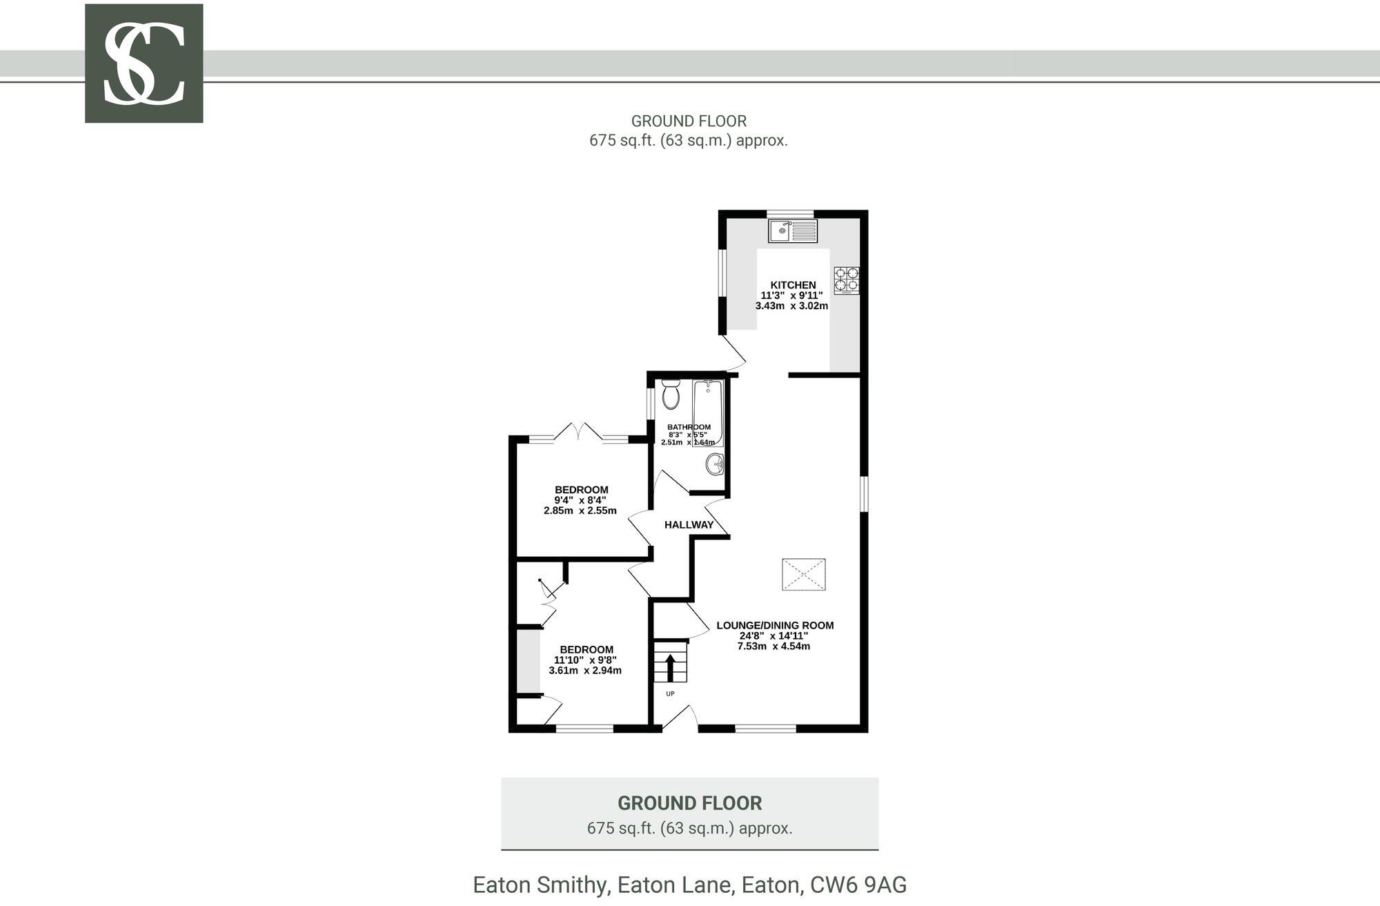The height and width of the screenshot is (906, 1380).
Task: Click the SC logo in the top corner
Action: tap(144, 63)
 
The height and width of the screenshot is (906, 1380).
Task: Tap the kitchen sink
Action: tap(792, 230)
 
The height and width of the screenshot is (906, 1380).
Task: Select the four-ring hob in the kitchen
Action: tap(847, 279)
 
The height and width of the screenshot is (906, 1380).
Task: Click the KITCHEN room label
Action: tap(793, 285)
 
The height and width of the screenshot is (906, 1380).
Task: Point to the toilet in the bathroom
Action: tap(671, 394)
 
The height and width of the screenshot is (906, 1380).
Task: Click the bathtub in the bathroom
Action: tap(709, 412)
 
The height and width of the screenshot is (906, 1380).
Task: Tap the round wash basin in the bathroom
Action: tap(715, 464)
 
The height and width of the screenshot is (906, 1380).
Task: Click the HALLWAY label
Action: tap(689, 525)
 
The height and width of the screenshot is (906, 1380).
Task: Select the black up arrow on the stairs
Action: tap(670, 667)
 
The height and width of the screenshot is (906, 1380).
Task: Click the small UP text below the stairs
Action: tap(670, 693)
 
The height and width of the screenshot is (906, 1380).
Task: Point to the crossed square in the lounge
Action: tap(803, 574)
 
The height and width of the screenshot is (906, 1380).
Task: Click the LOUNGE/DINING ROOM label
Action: tap(775, 626)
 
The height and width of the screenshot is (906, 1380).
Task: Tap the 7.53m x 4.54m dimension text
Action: tap(773, 647)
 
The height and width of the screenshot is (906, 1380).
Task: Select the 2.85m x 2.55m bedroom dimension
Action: tap(580, 511)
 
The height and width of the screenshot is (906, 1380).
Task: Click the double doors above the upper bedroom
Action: tap(579, 432)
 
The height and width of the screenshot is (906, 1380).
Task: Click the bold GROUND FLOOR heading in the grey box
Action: tap(689, 803)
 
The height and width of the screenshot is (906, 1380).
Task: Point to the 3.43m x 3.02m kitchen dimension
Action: tap(791, 306)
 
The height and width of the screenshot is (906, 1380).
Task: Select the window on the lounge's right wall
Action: tap(863, 493)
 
